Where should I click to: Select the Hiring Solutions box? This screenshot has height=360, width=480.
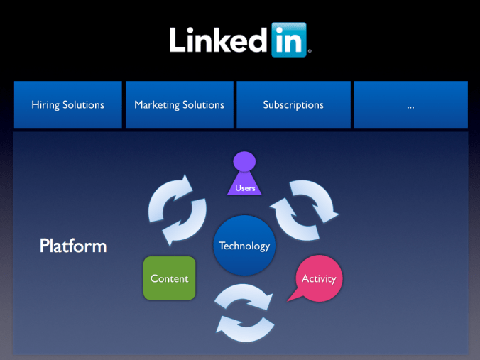pyautogui.click(x=67, y=104)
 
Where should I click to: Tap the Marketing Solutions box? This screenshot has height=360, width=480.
pyautogui.click(x=179, y=104)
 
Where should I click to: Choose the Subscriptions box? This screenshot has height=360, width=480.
pyautogui.click(x=293, y=104)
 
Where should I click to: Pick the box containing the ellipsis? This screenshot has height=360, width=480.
pyautogui.click(x=410, y=104)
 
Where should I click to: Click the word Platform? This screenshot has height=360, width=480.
pyautogui.click(x=73, y=246)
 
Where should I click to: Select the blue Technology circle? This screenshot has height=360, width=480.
pyautogui.click(x=244, y=246)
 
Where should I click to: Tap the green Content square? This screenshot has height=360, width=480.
pyautogui.click(x=169, y=278)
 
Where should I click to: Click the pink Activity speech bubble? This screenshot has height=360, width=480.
pyautogui.click(x=319, y=278)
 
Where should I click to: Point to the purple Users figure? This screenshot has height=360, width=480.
pyautogui.click(x=244, y=178)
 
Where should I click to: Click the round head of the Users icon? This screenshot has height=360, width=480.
pyautogui.click(x=244, y=161)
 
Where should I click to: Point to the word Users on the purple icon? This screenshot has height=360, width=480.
pyautogui.click(x=245, y=188)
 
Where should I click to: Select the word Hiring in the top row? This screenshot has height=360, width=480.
pyautogui.click(x=45, y=104)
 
